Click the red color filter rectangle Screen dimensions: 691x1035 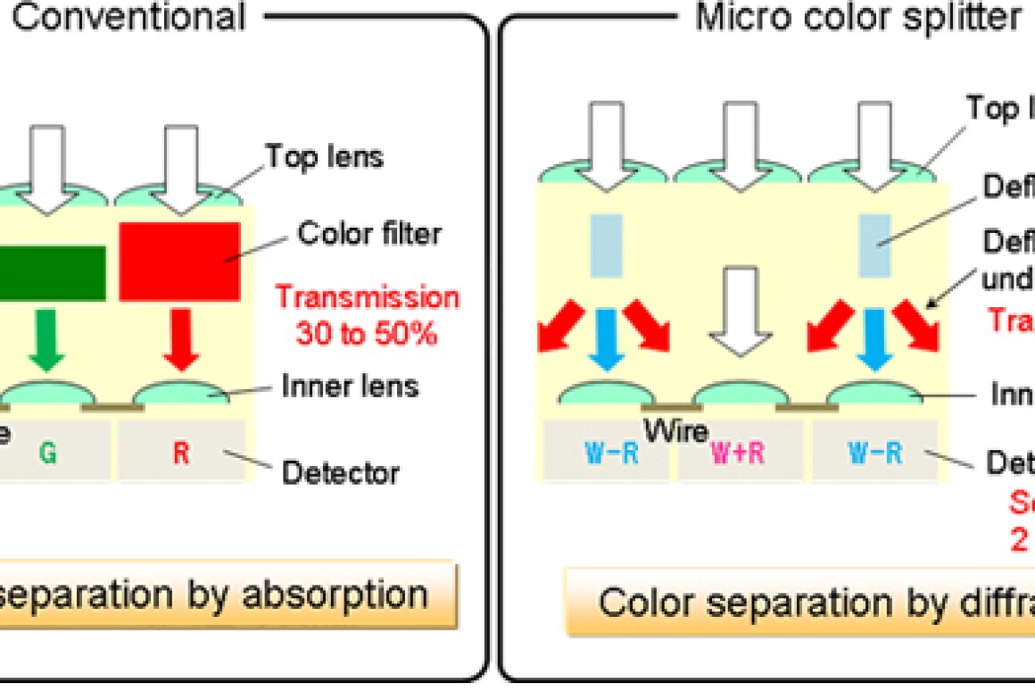[179, 261]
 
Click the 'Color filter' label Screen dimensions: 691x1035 [369, 235]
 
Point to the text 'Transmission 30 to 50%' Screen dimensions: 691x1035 [367, 315]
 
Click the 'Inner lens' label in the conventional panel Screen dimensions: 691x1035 [351, 387]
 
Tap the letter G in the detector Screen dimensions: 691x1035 [48, 453]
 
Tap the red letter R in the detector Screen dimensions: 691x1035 [181, 453]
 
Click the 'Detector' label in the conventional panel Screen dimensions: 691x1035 [340, 471]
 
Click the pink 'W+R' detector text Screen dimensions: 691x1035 [737, 454]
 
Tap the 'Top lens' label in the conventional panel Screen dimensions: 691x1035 [325, 157]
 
